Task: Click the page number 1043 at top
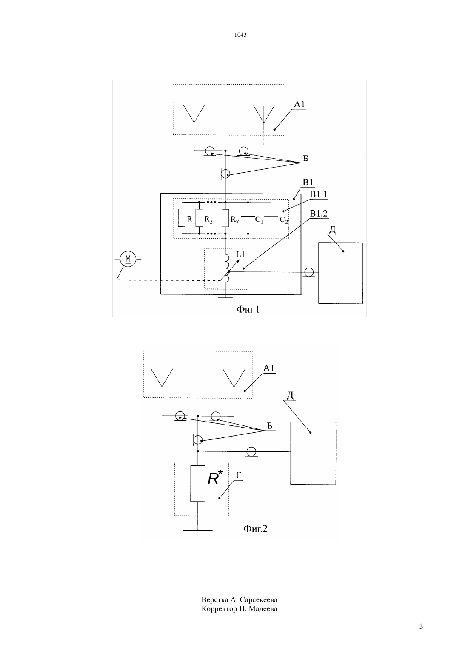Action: click(x=240, y=34)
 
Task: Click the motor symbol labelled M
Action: click(x=128, y=259)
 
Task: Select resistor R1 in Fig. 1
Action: click(x=182, y=218)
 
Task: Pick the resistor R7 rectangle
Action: click(x=225, y=218)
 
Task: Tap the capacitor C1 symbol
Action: click(x=248, y=218)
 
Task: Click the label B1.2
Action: click(x=319, y=214)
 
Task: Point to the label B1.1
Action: click(x=319, y=194)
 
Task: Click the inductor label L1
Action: click(x=240, y=254)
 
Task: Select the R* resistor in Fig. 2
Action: click(x=198, y=483)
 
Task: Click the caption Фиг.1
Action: click(x=248, y=309)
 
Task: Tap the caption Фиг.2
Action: click(x=255, y=528)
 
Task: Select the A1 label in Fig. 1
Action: click(x=299, y=104)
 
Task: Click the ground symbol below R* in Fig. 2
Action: click(x=198, y=530)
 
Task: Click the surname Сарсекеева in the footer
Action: click(x=259, y=599)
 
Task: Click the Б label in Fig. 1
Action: click(x=306, y=159)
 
